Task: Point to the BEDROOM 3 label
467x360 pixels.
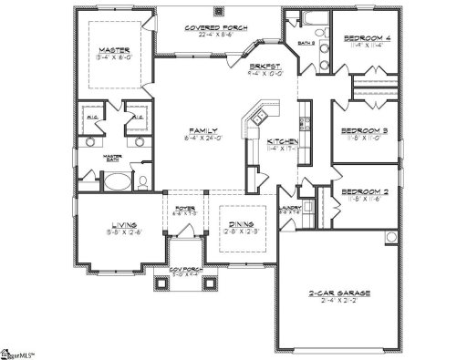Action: [365, 131]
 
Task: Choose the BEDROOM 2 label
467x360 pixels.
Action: [364, 192]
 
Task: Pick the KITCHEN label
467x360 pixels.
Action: [279, 143]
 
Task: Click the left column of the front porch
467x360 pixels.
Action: [165, 281]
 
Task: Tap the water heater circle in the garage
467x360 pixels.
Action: [389, 239]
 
